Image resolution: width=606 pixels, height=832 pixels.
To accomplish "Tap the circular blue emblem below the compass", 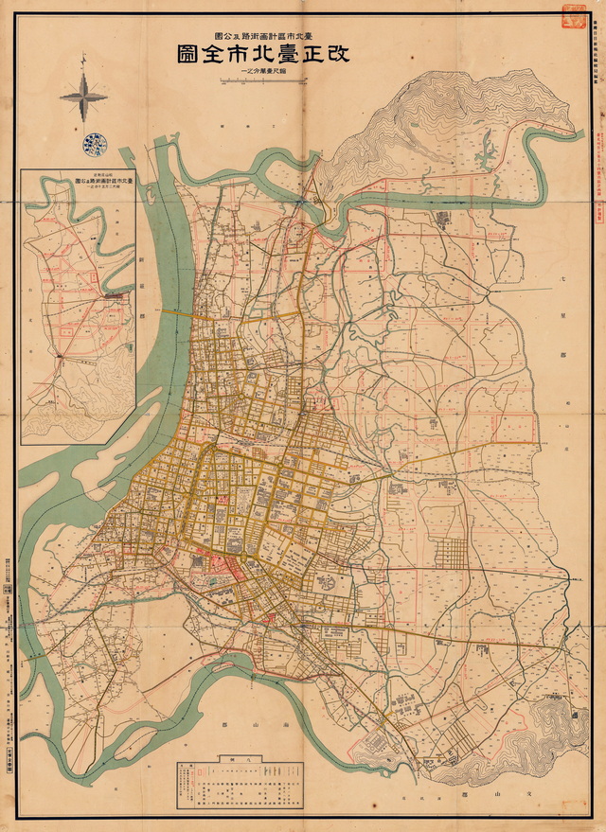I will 96,145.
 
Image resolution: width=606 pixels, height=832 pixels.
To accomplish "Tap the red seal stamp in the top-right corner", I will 574,16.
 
